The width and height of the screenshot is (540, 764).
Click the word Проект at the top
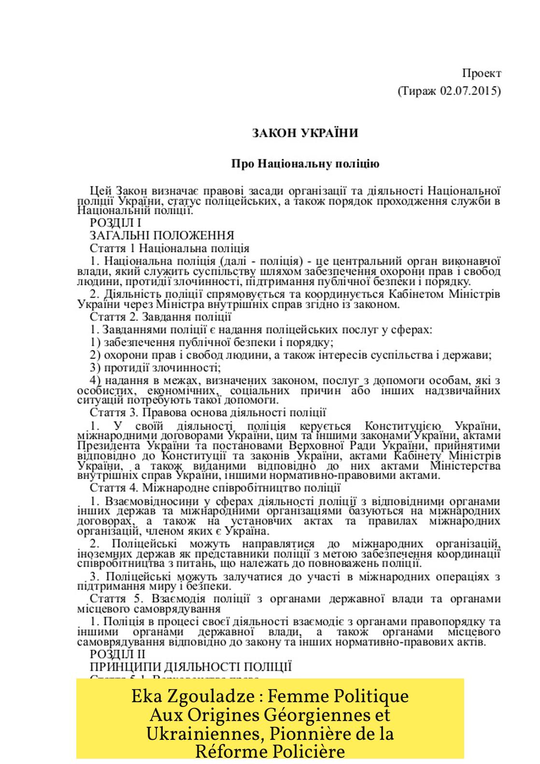point(482,73)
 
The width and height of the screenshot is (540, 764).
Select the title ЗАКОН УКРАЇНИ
point(305,133)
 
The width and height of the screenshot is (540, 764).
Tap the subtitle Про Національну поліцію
point(305,164)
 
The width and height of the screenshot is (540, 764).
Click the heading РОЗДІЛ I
point(115,223)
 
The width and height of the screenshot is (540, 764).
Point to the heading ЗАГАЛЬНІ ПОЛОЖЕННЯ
point(162,236)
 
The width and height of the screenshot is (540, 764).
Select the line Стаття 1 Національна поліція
point(170,248)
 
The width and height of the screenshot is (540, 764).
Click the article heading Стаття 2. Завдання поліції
point(160,317)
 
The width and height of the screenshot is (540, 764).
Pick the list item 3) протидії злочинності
point(156,368)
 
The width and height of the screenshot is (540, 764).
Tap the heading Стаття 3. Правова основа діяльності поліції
point(208,412)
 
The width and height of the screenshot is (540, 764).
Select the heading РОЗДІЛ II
point(117,654)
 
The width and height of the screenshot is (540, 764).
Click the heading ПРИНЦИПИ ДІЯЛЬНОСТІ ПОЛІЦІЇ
point(191,667)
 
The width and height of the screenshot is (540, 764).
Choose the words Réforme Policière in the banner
point(270,751)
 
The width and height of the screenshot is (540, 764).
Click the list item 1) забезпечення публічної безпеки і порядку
point(212,342)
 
